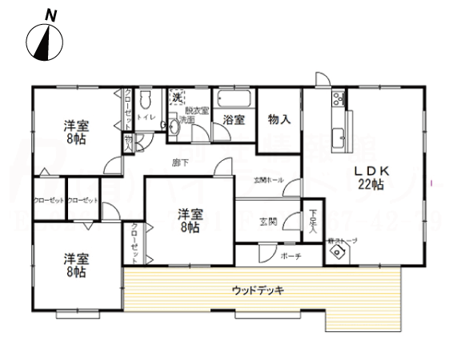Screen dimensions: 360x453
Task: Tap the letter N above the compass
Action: point(50,14)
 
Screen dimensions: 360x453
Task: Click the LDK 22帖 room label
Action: point(370,177)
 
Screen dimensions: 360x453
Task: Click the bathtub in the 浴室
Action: point(234,100)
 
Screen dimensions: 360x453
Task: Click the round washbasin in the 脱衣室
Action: point(174,125)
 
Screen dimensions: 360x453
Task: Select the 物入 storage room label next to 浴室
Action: point(279,119)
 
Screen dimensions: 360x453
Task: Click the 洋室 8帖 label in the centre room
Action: point(190,219)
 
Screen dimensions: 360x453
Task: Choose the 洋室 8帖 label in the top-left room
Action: point(77,130)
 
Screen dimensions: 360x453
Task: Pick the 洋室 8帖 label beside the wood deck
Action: point(77,265)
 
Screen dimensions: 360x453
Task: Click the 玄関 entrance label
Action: point(268,221)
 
